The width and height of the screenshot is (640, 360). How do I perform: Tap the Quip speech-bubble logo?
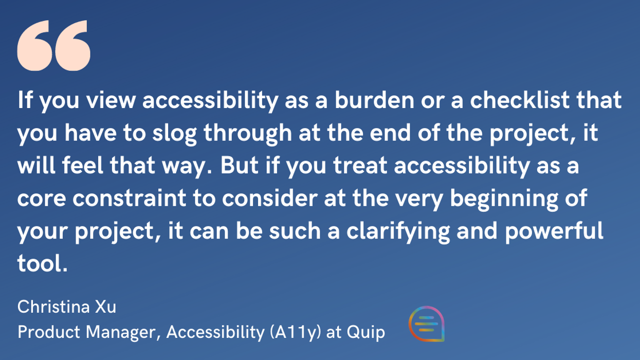coord(426,323)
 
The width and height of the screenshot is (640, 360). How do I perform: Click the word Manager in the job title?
coord(124,333)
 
